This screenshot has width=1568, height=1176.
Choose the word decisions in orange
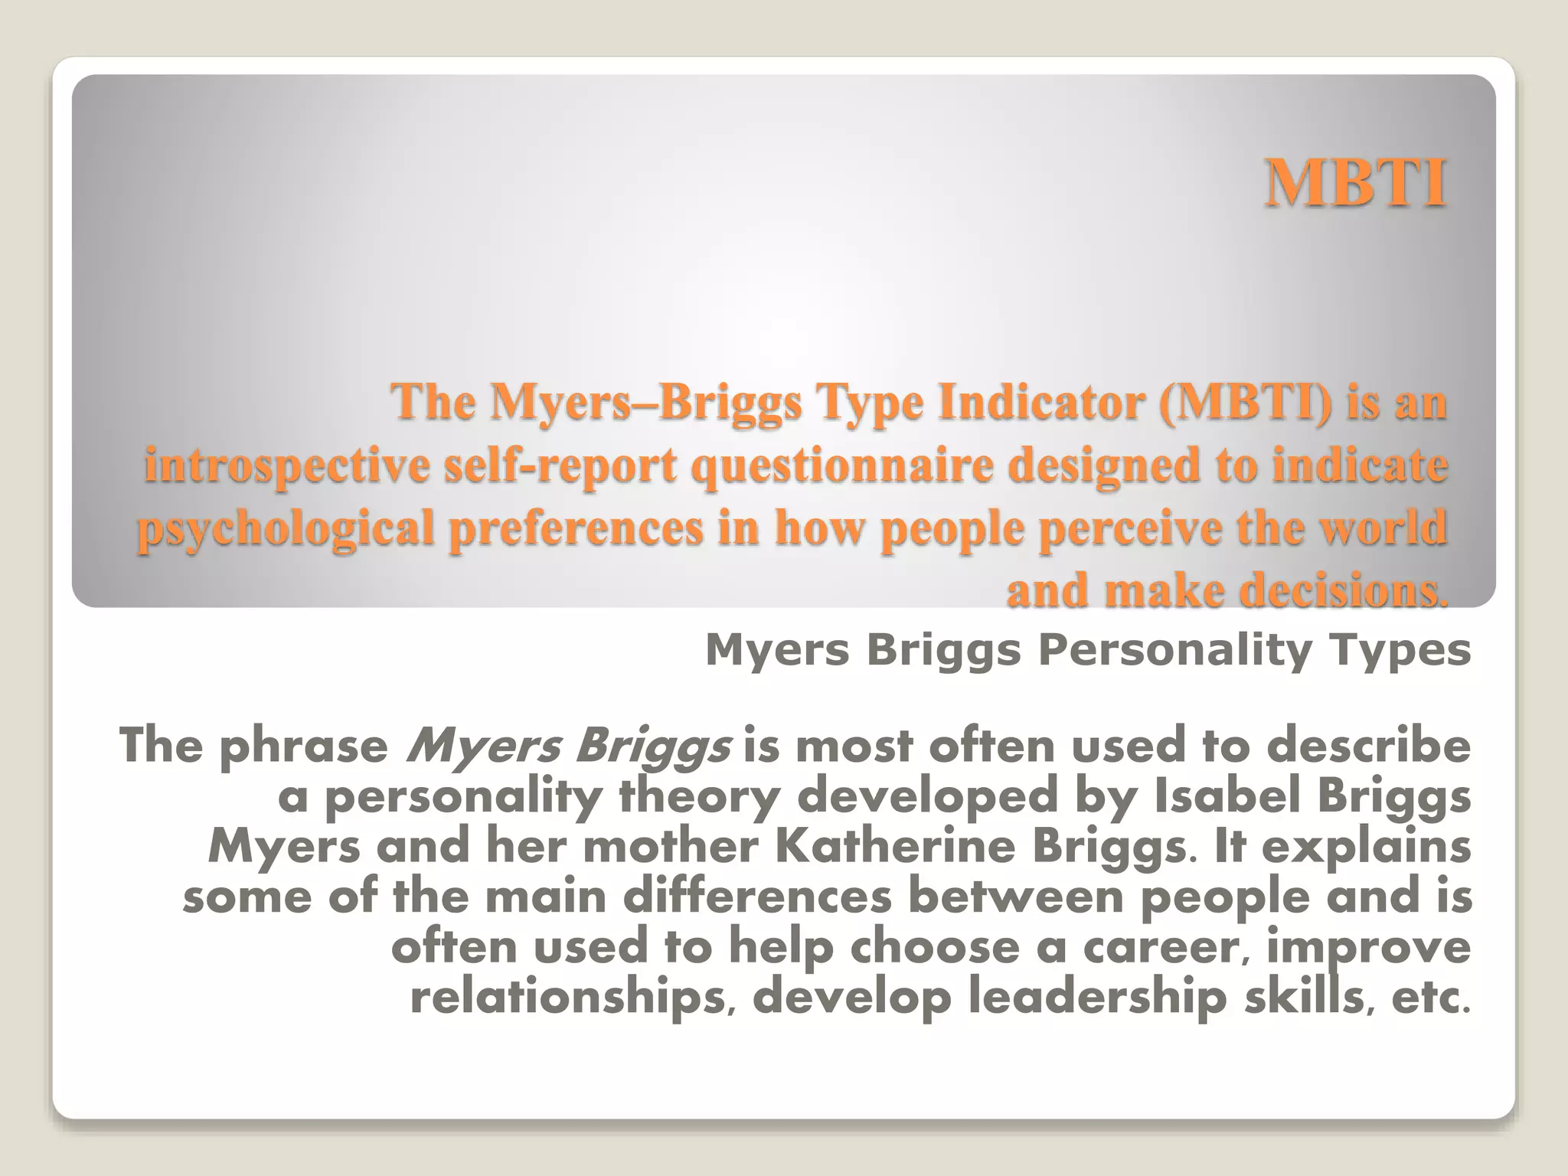[x=1343, y=591]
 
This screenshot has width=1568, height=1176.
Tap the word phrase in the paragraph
[x=304, y=746]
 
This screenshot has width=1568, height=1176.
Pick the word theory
[x=699, y=798]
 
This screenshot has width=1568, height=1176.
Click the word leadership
[x=1098, y=998]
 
